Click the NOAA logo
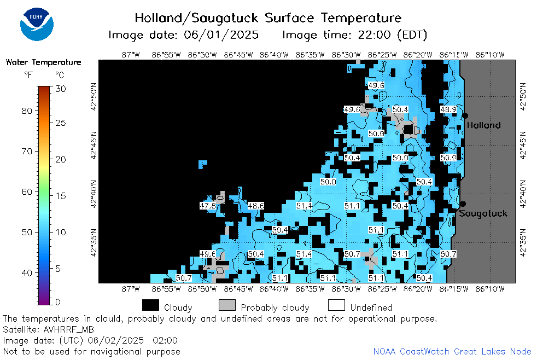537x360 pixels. coord(37,24)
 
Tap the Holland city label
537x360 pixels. coord(483,125)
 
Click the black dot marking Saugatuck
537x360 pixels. coord(463,204)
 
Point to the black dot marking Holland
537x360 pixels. coord(465,116)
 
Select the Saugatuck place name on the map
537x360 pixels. coord(483,213)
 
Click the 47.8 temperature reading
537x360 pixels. coord(208,206)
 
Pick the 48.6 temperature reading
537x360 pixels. coord(256,206)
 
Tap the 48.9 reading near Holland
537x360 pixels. coord(448,109)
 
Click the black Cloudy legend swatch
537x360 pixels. coord(150,305)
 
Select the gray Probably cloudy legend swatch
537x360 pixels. coord(227,305)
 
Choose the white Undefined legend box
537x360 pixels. coord(336,305)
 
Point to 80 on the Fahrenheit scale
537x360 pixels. coord(27,111)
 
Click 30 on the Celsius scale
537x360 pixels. coord(61,89)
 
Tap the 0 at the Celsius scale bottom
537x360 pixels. coord(57,302)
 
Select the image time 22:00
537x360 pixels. coord(374,34)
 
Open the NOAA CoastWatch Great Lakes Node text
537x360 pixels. coord(452,351)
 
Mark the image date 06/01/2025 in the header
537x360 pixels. coord(221,34)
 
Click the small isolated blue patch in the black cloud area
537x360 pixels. coord(202,164)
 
